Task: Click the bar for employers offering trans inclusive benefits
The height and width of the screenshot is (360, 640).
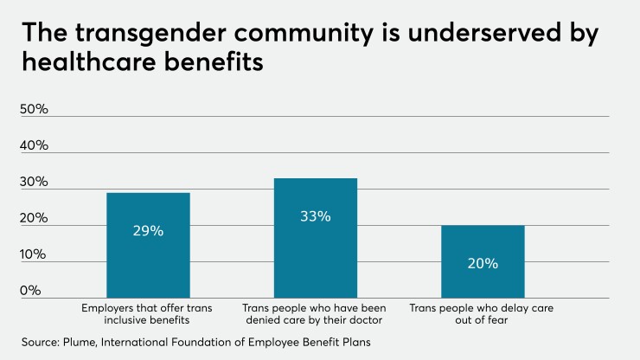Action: (x=148, y=260)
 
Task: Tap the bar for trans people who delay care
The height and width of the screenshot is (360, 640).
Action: (x=483, y=277)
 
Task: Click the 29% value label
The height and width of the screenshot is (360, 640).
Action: (x=148, y=231)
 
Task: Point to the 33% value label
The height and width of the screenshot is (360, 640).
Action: (x=315, y=216)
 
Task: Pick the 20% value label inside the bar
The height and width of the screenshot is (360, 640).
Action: (x=483, y=263)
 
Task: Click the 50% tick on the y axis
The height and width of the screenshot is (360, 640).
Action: (x=34, y=110)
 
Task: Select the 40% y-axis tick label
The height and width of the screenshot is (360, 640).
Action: (x=34, y=146)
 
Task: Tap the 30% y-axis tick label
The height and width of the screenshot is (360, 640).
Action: (x=34, y=183)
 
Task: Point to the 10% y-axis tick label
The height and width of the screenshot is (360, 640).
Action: (x=34, y=254)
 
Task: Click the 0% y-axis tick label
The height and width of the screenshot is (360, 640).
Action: (x=30, y=291)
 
